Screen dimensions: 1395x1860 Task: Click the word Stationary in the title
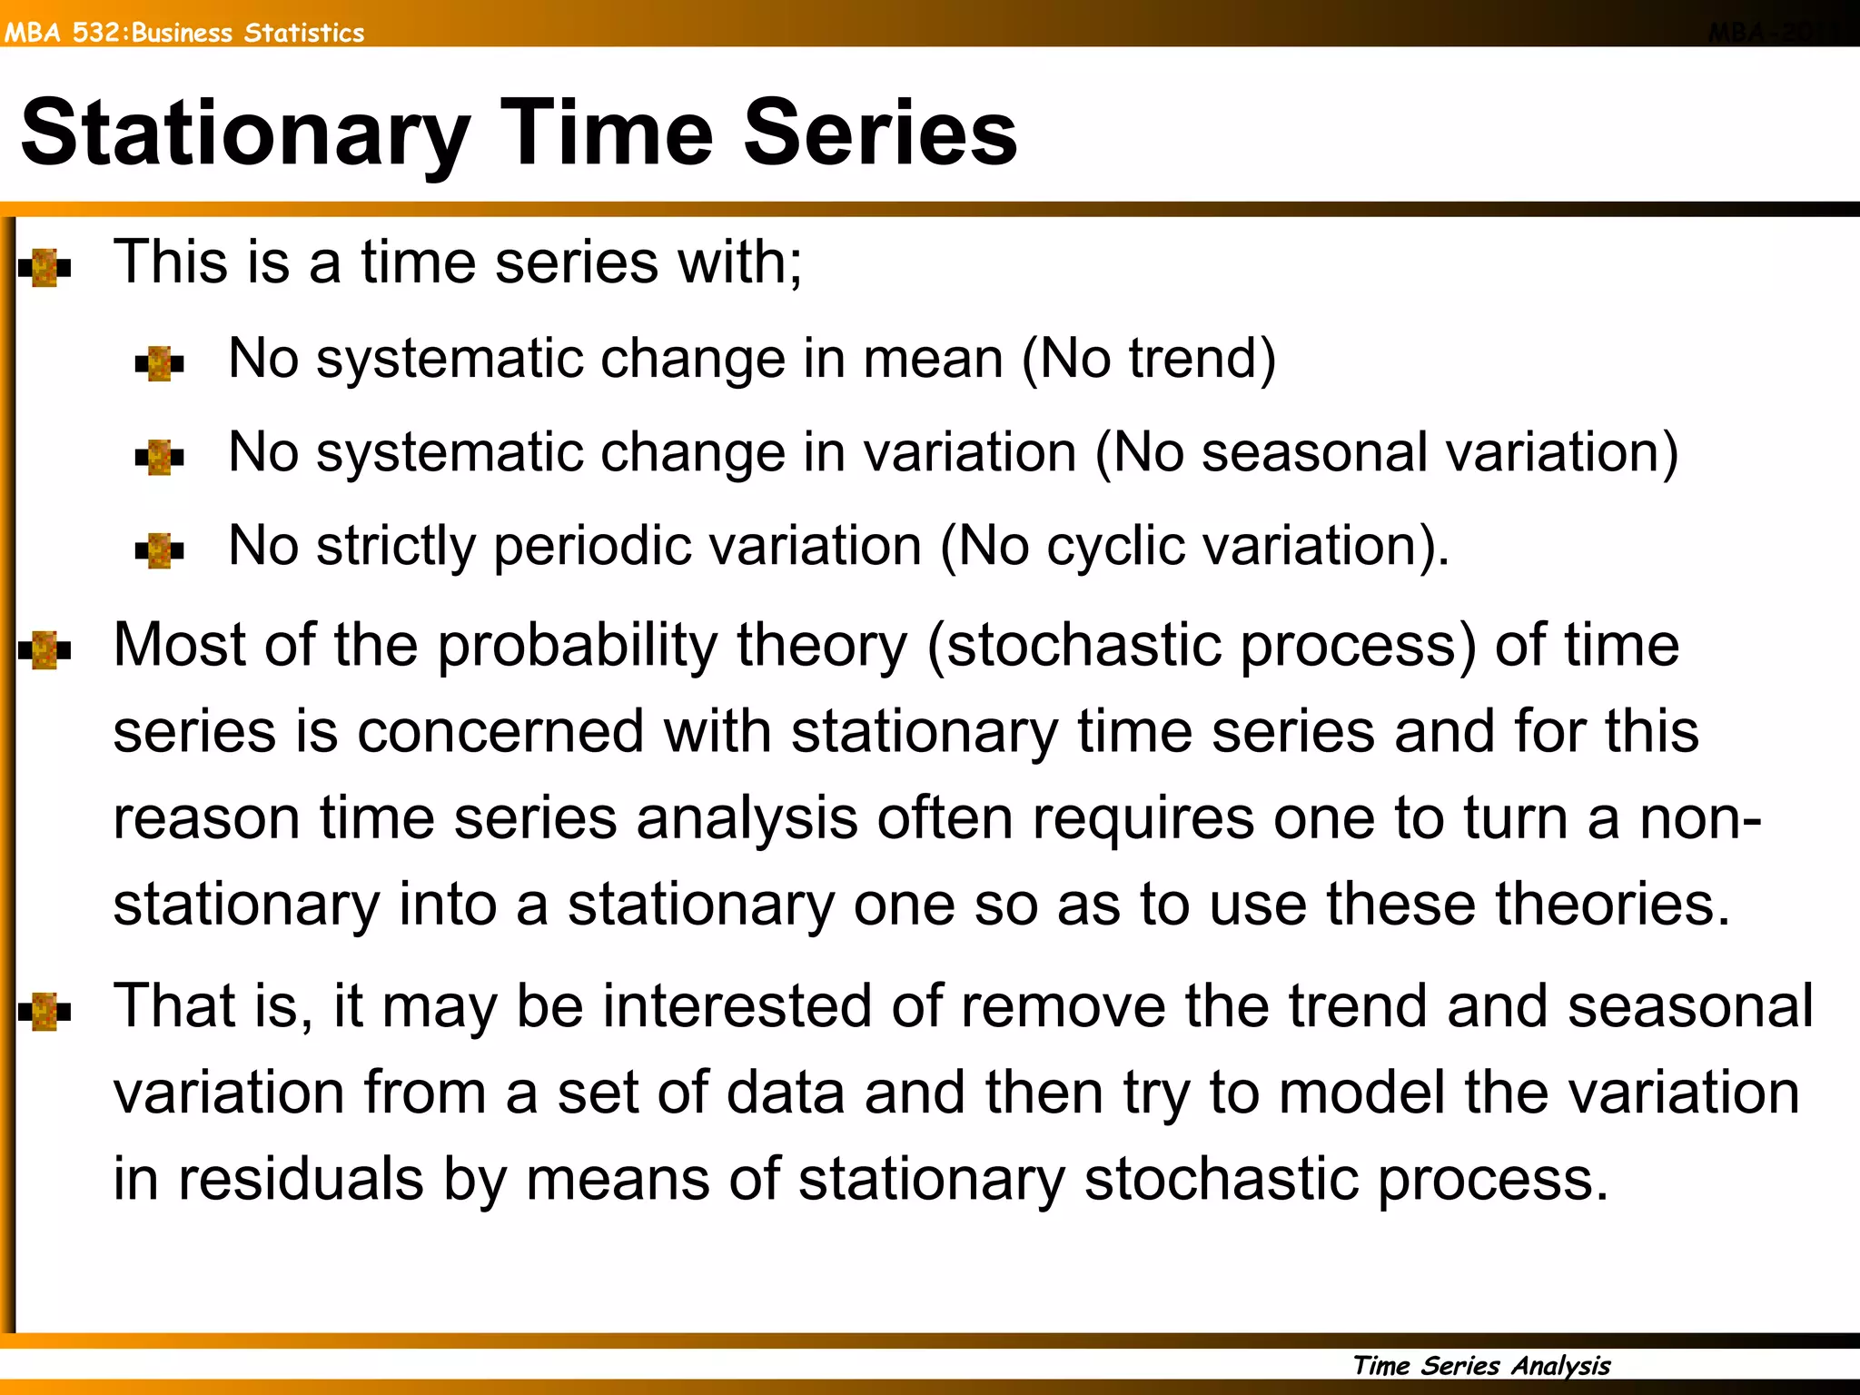(245, 134)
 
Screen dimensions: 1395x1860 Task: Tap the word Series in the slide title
(880, 134)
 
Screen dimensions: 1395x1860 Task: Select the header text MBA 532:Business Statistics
(184, 33)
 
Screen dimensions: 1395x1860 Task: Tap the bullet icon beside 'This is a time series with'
(45, 268)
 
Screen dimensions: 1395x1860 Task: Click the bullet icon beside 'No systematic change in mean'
(159, 363)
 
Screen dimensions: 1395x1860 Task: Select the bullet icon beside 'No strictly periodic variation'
(159, 550)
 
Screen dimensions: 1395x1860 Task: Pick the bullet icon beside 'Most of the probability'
(45, 650)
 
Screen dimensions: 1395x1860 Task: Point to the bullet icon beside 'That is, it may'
(45, 1012)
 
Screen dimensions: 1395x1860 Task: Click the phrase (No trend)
(1149, 359)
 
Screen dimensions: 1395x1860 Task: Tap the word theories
(1612, 905)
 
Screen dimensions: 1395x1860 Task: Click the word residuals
(301, 1180)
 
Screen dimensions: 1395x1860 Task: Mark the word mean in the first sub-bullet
(933, 359)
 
